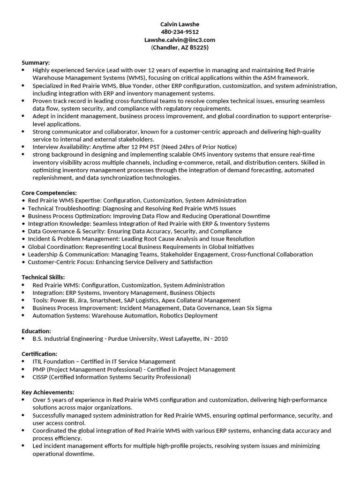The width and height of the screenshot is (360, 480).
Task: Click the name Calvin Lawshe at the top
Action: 180,24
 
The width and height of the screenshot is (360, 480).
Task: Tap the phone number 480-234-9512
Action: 180,32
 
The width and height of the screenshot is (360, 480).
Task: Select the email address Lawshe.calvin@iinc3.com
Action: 180,40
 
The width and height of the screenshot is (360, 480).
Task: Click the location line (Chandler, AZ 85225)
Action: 180,48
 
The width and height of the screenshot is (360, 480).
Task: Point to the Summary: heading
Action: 36,62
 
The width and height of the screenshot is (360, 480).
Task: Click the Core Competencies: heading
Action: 49,193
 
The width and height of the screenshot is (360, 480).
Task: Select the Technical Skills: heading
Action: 43,277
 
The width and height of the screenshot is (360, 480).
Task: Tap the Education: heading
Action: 37,330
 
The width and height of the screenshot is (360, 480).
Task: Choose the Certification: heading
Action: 39,353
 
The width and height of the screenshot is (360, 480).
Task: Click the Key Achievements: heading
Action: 48,392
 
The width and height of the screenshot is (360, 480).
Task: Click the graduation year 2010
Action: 220,338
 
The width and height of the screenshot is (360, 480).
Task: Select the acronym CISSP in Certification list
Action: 40,377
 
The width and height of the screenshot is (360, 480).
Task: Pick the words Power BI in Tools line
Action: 62,300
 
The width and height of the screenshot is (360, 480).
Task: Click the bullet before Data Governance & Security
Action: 23,232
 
